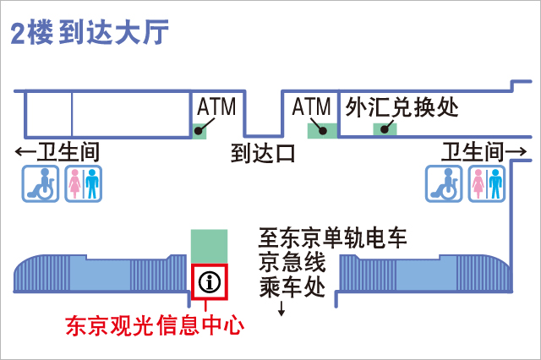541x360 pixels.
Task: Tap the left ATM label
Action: pos(216,106)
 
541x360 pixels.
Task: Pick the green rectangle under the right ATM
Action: pos(321,130)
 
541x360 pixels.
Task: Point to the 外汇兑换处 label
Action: pos(402,107)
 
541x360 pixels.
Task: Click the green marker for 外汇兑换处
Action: pos(386,129)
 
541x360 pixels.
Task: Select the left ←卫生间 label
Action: pos(57,153)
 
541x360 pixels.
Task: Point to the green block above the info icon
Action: pos(209,246)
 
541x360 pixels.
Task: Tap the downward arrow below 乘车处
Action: pos(281,310)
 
